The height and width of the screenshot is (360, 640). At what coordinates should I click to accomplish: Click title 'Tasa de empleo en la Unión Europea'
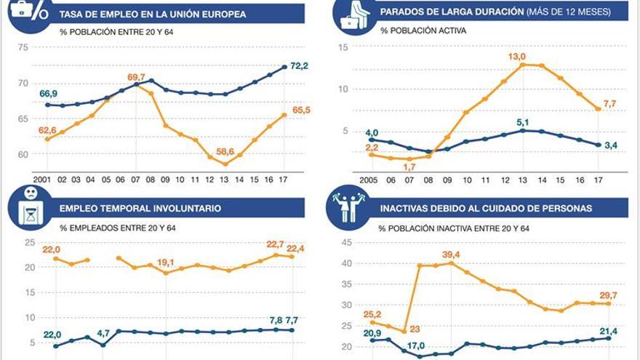click(x=153, y=14)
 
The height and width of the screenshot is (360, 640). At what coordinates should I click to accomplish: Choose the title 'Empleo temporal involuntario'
click(x=140, y=208)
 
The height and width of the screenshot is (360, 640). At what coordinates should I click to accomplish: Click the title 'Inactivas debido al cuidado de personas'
click(x=486, y=208)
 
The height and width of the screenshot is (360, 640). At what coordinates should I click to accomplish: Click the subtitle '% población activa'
click(x=422, y=31)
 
